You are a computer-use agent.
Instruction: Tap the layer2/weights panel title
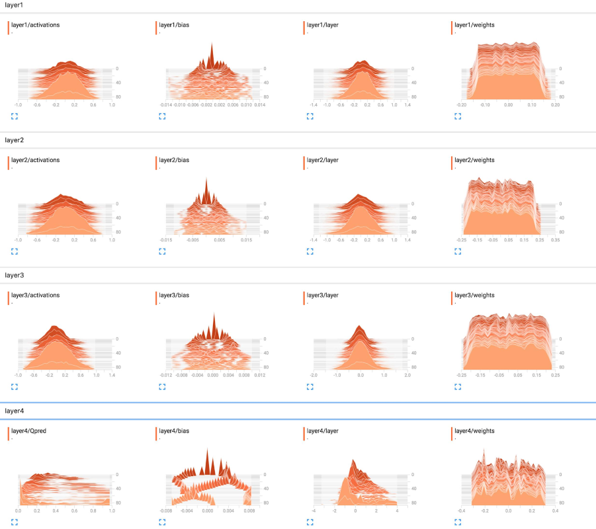[x=474, y=160]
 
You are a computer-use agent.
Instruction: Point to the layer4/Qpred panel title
[x=30, y=430]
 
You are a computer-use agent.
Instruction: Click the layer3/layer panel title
[x=323, y=295]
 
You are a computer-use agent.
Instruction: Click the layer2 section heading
[x=14, y=140]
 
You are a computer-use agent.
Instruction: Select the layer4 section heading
[x=14, y=411]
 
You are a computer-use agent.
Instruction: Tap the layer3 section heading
[x=14, y=275]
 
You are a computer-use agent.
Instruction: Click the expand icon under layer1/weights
[x=458, y=116]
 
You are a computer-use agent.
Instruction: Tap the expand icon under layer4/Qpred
[x=14, y=522]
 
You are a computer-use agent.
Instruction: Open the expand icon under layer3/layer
[x=310, y=387]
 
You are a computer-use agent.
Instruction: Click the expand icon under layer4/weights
[x=458, y=522]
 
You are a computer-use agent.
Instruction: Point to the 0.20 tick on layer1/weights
[x=555, y=105]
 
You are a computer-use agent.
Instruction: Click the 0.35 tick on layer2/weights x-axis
[x=555, y=241]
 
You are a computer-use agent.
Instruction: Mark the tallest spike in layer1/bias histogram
[x=212, y=46]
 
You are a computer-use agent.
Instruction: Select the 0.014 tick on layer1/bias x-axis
[x=260, y=105]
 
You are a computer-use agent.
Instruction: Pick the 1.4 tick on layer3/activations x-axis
[x=112, y=376]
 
